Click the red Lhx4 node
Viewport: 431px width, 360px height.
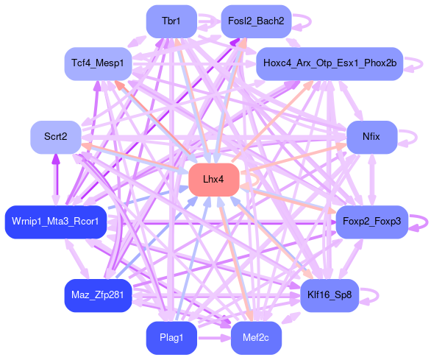[214, 180]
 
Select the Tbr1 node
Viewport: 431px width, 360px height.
[171, 21]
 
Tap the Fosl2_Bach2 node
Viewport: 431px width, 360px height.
[256, 21]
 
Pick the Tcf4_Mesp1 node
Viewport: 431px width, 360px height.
[98, 64]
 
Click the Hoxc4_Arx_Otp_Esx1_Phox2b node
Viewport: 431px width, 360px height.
[330, 64]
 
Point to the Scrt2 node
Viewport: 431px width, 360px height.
[56, 138]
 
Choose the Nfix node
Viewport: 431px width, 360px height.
[372, 138]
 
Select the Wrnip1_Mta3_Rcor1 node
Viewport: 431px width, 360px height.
[56, 222]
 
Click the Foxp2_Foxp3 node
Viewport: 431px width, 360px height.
[372, 222]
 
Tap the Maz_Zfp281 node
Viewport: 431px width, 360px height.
[98, 296]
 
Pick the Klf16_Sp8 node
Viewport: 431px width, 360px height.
[330, 296]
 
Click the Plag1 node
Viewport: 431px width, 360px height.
[171, 338]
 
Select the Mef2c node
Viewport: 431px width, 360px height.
[256, 338]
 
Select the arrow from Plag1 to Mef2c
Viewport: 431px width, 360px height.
[214, 338]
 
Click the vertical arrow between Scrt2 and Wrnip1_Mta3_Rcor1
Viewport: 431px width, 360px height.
[56, 180]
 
